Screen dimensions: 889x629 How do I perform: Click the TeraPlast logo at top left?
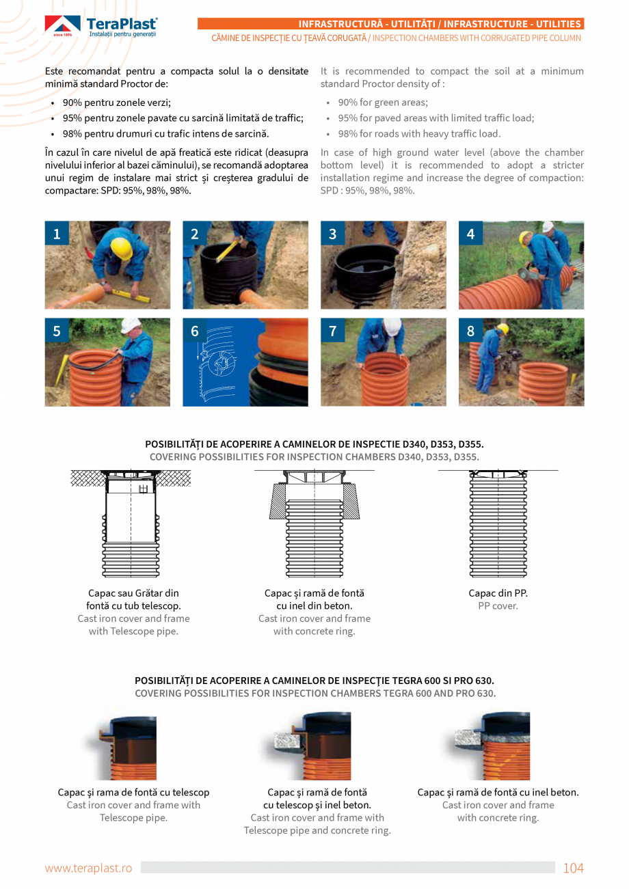point(101,27)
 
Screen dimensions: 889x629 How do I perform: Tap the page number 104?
point(573,868)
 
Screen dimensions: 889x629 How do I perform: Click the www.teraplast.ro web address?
point(88,868)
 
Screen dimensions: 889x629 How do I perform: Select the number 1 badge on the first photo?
point(56,234)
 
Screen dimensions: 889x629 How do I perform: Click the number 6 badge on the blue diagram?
point(195,331)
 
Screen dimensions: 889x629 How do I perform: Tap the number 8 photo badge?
point(470,331)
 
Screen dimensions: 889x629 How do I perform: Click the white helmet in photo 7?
point(392,327)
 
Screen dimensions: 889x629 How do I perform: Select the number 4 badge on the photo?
point(470,234)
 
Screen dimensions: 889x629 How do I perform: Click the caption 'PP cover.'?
point(498,606)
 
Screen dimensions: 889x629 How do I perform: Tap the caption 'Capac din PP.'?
point(498,593)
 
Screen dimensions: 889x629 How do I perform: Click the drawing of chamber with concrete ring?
point(314,523)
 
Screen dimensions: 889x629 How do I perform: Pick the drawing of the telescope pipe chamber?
point(131,523)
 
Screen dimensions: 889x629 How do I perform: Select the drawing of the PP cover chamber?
point(498,523)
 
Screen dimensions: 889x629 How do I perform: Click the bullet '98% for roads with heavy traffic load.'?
point(419,134)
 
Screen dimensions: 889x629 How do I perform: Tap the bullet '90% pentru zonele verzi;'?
point(116,102)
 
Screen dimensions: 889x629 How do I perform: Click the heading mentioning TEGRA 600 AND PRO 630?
point(314,693)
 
